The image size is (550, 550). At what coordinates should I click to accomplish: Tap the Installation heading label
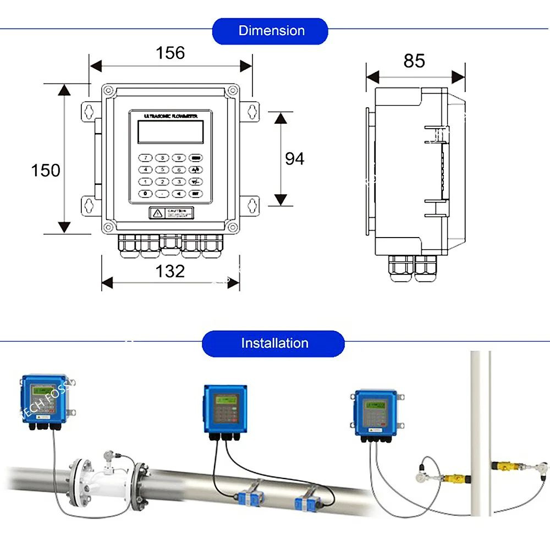coord(274,344)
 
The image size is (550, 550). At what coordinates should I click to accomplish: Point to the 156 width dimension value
coord(170,53)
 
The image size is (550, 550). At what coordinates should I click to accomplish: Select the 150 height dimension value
coord(46,170)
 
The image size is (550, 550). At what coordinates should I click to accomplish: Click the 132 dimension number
coord(170,271)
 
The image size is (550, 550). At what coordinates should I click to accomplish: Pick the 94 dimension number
coord(294,159)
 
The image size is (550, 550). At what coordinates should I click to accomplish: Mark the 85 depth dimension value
coord(414,61)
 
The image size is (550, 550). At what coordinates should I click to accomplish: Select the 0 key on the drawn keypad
coord(145,194)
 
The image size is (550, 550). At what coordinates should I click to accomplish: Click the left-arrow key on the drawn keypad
coord(178,194)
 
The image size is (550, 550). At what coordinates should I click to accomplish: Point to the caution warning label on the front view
coord(170,213)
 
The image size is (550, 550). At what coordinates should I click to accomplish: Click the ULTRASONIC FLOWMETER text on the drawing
coord(170,116)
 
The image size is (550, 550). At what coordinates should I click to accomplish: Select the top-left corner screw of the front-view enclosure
coord(108,90)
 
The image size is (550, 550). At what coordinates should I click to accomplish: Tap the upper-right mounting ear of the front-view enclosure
coord(252,110)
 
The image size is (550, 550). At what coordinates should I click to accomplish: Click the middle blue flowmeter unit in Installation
coord(222,409)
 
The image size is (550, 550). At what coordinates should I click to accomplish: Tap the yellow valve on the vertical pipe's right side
coord(505,466)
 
